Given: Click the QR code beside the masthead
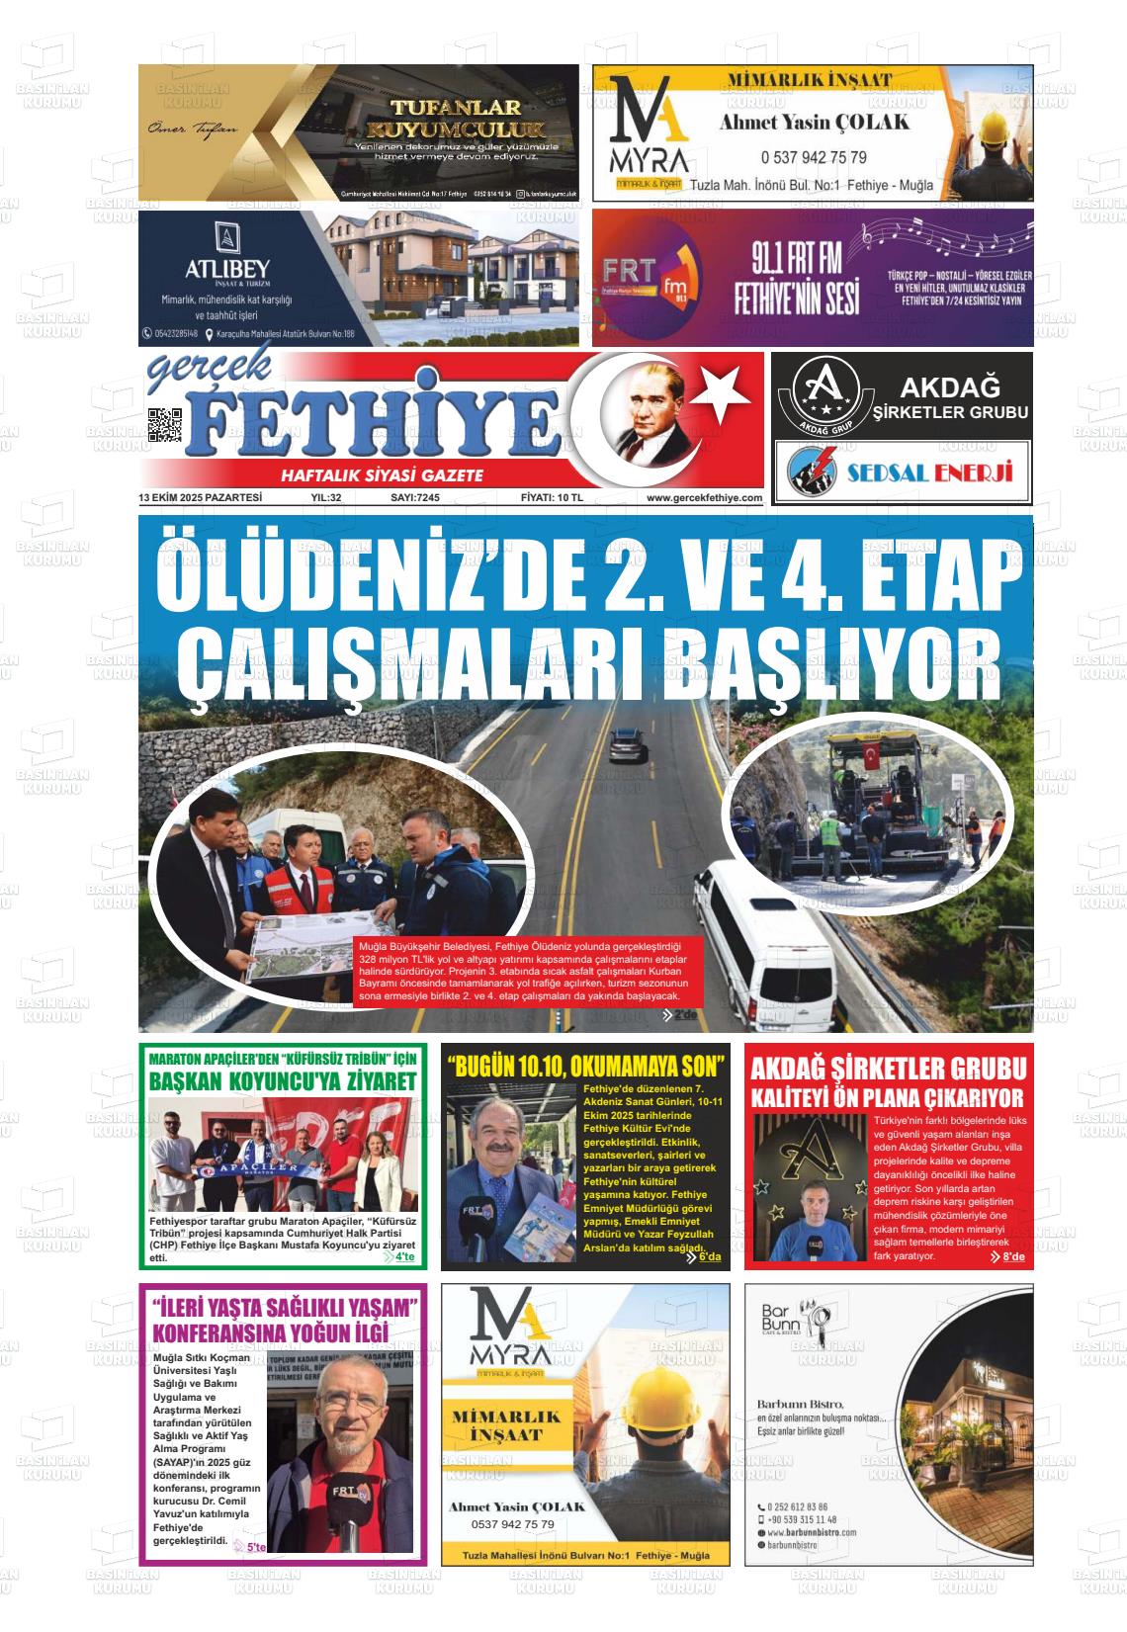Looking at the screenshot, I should [x=164, y=424].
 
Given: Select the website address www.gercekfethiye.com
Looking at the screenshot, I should [x=704, y=498].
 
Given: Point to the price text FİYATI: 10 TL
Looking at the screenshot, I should [x=552, y=498].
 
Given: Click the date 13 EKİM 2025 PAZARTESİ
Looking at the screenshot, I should [x=201, y=498].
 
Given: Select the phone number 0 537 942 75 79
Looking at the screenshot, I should [x=814, y=157].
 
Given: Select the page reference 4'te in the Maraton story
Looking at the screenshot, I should [x=404, y=1257].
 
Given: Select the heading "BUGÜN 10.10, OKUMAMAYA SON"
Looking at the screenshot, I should [x=586, y=1068].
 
